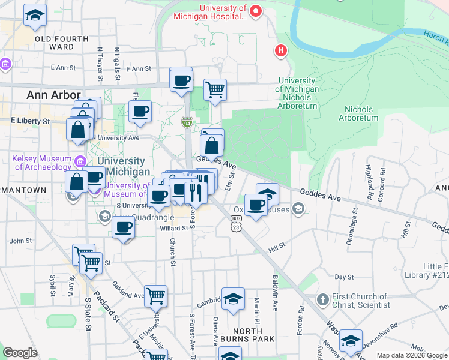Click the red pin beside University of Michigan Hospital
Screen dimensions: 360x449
256,11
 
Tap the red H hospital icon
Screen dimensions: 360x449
280,51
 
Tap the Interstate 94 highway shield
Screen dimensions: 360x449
187,122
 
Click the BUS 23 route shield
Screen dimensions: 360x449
236,224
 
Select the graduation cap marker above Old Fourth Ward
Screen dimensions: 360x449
35,15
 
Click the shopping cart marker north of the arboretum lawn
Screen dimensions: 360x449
215,90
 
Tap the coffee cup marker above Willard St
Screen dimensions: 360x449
124,227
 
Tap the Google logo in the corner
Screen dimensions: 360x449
20,353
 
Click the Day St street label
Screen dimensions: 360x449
343,277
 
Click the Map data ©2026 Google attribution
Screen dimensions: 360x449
412,355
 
